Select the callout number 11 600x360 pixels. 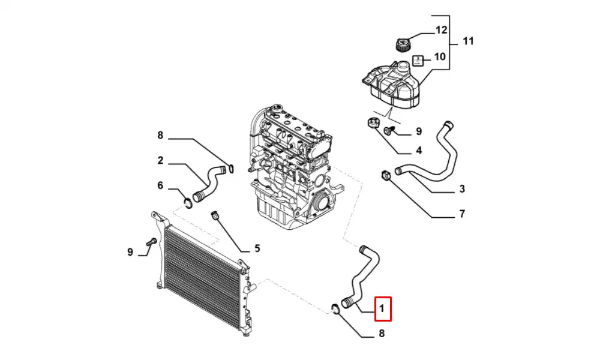click(469, 41)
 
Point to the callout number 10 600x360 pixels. click(440, 57)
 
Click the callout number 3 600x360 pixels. click(462, 190)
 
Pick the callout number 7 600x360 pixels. click(462, 214)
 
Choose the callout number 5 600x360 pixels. click(257, 248)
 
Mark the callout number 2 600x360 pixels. click(160, 161)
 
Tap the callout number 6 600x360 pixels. click(160, 186)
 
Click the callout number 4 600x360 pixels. click(418, 150)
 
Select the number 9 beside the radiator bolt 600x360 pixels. click(130, 252)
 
